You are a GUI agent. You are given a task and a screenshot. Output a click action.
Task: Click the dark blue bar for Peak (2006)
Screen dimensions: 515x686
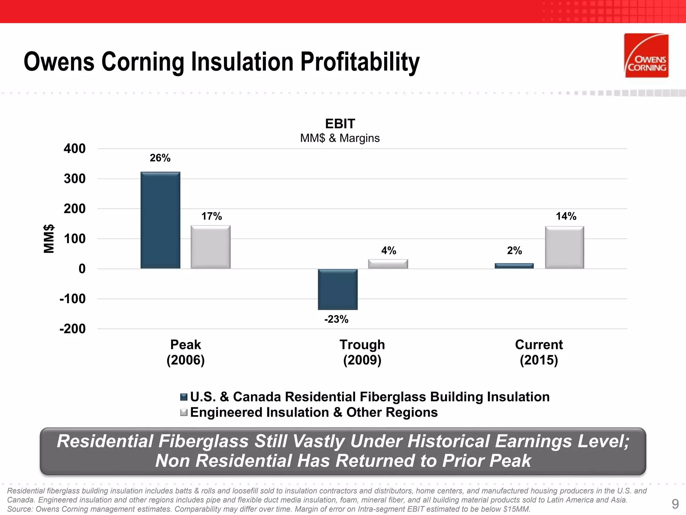click(x=160, y=220)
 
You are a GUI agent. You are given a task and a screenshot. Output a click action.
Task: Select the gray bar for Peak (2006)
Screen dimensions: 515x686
click(x=210, y=247)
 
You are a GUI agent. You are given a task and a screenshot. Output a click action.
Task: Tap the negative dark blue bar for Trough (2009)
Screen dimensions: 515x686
click(x=338, y=289)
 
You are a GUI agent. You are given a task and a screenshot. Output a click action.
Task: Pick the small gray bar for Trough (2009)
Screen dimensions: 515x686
click(x=388, y=264)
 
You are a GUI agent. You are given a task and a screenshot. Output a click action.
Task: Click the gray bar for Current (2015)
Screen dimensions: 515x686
click(x=564, y=247)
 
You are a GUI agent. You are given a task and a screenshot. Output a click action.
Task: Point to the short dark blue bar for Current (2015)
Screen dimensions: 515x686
click(x=514, y=266)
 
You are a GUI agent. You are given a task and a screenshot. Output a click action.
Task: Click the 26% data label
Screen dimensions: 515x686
click(x=160, y=158)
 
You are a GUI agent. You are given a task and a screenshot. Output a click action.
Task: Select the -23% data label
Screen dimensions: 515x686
click(x=336, y=319)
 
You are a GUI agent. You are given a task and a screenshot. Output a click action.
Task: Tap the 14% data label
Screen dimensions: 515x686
click(x=566, y=216)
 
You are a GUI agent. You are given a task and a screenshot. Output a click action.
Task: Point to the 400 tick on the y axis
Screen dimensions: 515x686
click(x=75, y=149)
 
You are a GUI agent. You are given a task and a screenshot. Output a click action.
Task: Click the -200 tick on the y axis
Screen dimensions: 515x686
click(x=73, y=329)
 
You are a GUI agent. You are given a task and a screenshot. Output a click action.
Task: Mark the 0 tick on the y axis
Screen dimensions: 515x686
click(x=82, y=269)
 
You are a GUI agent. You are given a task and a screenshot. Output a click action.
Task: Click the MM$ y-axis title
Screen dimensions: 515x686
click(x=49, y=238)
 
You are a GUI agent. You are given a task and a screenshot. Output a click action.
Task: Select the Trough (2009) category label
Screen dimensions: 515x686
click(x=362, y=352)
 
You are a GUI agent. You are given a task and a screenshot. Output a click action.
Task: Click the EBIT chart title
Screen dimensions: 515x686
click(x=340, y=124)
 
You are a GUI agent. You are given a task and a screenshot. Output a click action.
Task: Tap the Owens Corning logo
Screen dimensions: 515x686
click(x=646, y=56)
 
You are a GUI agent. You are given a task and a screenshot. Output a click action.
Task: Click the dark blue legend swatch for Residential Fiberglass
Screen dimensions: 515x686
click(x=184, y=397)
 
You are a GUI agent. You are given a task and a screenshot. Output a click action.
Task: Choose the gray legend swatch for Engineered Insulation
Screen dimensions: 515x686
click(x=184, y=412)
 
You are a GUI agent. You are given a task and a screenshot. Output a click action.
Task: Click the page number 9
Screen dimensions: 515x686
click(x=675, y=504)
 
